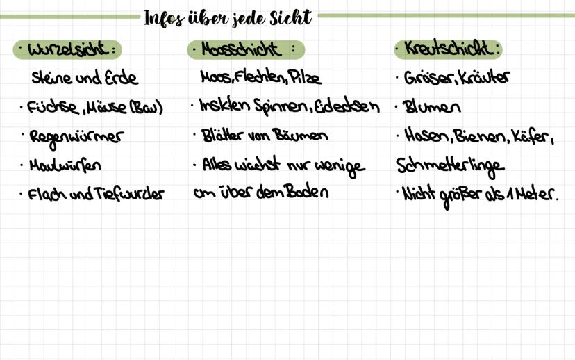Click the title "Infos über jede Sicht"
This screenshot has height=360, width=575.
pos(228,17)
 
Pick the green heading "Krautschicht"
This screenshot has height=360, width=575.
pos(449,49)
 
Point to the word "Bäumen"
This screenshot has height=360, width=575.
pos(300,136)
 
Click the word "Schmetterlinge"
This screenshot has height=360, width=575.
pos(449,166)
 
